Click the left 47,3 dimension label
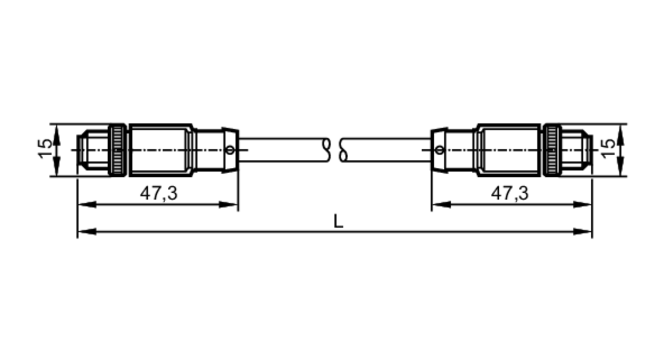159,193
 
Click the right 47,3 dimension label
510,193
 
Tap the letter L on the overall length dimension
338,222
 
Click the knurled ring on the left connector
118,150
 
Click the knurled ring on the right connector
552,150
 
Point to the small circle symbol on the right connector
439,150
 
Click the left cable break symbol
327,150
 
